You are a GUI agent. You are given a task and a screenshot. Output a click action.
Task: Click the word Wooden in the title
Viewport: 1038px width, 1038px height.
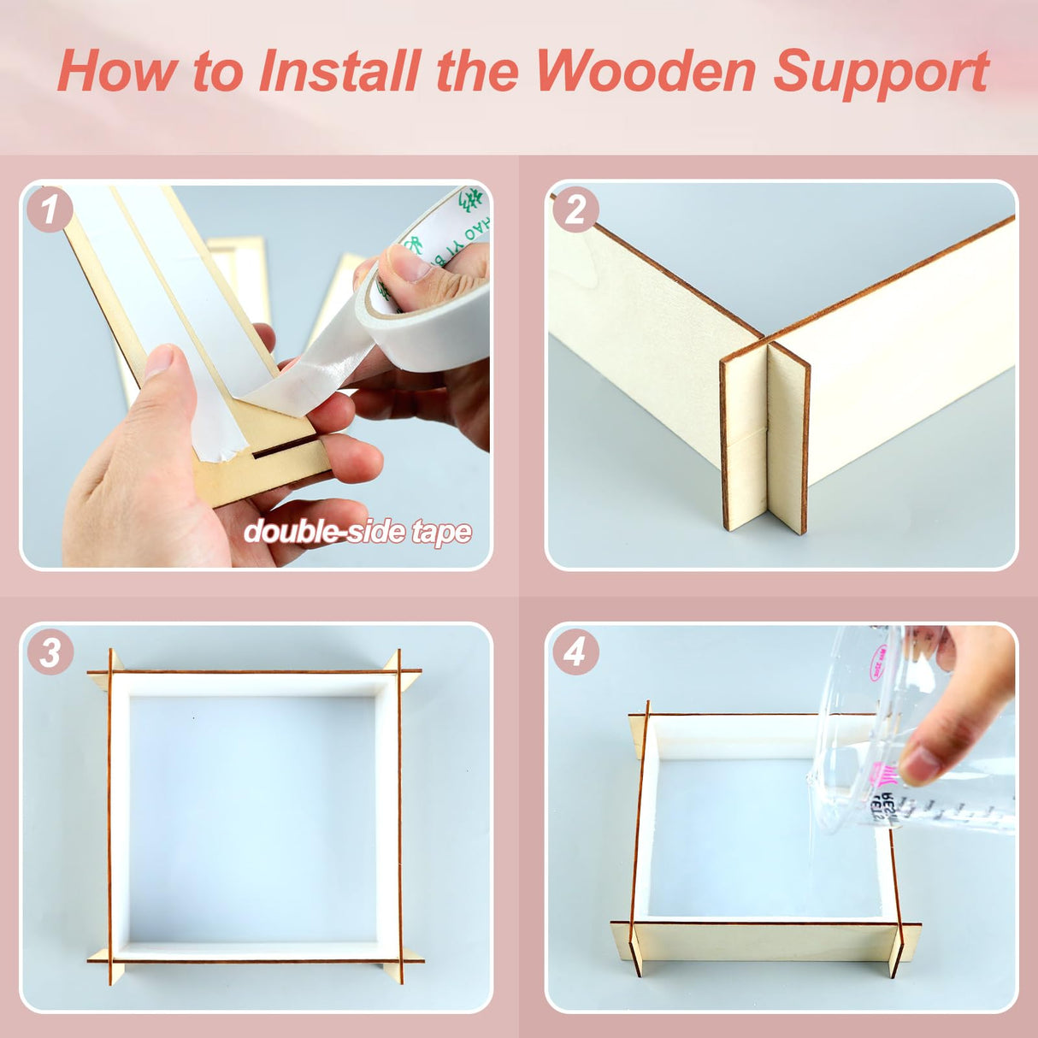coord(646,71)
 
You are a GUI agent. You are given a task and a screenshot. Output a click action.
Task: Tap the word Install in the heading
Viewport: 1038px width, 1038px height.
coord(339,71)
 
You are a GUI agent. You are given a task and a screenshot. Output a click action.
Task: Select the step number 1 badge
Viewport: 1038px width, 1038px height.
coord(49,209)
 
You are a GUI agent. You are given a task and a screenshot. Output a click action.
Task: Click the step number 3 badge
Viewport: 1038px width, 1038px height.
coord(50,653)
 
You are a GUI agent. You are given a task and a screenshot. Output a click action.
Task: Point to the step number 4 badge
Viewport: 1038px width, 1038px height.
coord(575,652)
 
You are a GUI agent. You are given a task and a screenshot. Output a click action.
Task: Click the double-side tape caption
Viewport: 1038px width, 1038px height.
coord(357,532)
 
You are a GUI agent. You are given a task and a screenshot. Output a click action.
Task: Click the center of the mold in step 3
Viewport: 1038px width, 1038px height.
coord(253,817)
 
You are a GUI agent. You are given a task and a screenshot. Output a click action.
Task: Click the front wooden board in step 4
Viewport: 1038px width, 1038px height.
coord(765,941)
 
